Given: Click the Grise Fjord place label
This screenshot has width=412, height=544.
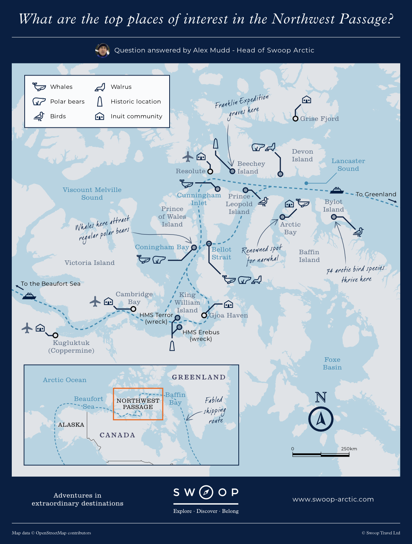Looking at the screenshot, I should point(319,119).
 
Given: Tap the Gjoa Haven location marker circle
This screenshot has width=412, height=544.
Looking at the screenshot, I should point(204,315).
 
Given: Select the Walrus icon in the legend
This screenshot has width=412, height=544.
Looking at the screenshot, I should point(100,87).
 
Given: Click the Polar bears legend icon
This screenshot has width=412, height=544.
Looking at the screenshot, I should point(39,101).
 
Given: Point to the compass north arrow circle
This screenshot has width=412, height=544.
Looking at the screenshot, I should point(321,419).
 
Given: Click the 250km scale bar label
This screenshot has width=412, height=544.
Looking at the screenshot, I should point(349,449).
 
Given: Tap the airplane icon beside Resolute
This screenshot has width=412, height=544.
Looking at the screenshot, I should point(188,157).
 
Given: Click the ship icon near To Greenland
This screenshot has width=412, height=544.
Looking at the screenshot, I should point(337,190).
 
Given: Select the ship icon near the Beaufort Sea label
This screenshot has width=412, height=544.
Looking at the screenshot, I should point(29,296).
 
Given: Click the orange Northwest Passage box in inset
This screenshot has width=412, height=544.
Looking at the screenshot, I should point(138,404).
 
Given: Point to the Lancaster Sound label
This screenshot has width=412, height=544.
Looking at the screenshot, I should point(348,165).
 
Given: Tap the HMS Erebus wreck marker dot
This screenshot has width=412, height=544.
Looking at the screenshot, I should point(180,327).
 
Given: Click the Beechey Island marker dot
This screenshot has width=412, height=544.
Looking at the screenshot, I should point(232,171).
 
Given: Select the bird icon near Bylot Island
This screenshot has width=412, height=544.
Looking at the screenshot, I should point(358,232).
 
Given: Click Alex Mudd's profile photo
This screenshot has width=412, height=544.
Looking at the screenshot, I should point(103,50).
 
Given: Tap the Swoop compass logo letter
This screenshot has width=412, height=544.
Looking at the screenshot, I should point(206,492).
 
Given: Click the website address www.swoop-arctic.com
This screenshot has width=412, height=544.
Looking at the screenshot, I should point(333,499).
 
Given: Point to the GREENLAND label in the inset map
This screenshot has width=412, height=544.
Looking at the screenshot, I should point(199,377).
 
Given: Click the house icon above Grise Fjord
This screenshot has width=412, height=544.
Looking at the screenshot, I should point(306,99).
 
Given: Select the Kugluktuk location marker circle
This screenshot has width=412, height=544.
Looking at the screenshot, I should point(55,335).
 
